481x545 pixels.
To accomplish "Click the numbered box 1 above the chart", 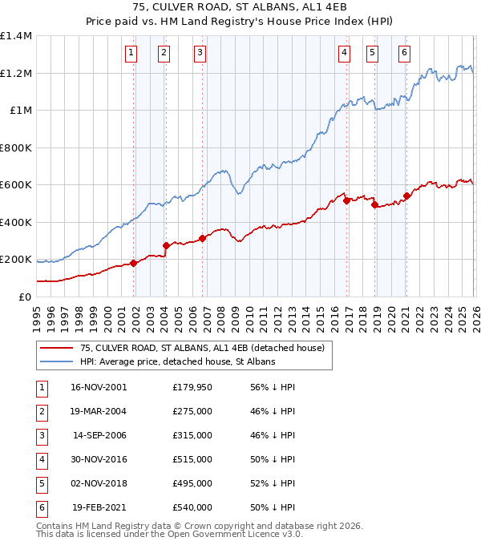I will click(x=131, y=54).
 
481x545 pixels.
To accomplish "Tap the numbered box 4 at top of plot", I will click(x=344, y=54).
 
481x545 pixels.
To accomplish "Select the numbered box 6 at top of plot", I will click(x=404, y=54).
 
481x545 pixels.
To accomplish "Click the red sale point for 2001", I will click(x=133, y=264).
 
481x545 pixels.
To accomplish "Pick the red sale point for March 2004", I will click(x=166, y=246).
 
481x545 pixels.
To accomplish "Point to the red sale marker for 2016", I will click(x=346, y=201).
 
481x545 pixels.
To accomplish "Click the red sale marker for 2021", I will click(x=406, y=196).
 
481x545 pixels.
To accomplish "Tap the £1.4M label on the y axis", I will click(x=16, y=36).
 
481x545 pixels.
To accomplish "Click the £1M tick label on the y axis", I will click(x=21, y=111).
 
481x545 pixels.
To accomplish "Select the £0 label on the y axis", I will click(x=25, y=297).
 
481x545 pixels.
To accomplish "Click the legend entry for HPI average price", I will click(x=177, y=361).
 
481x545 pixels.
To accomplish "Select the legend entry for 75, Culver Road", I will click(x=201, y=348).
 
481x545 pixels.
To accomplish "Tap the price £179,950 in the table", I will click(x=192, y=386).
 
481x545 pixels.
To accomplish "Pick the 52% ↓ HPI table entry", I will click(x=272, y=482).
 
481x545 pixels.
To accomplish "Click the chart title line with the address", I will click(x=240, y=8).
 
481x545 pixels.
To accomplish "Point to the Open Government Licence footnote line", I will click(x=170, y=534).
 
